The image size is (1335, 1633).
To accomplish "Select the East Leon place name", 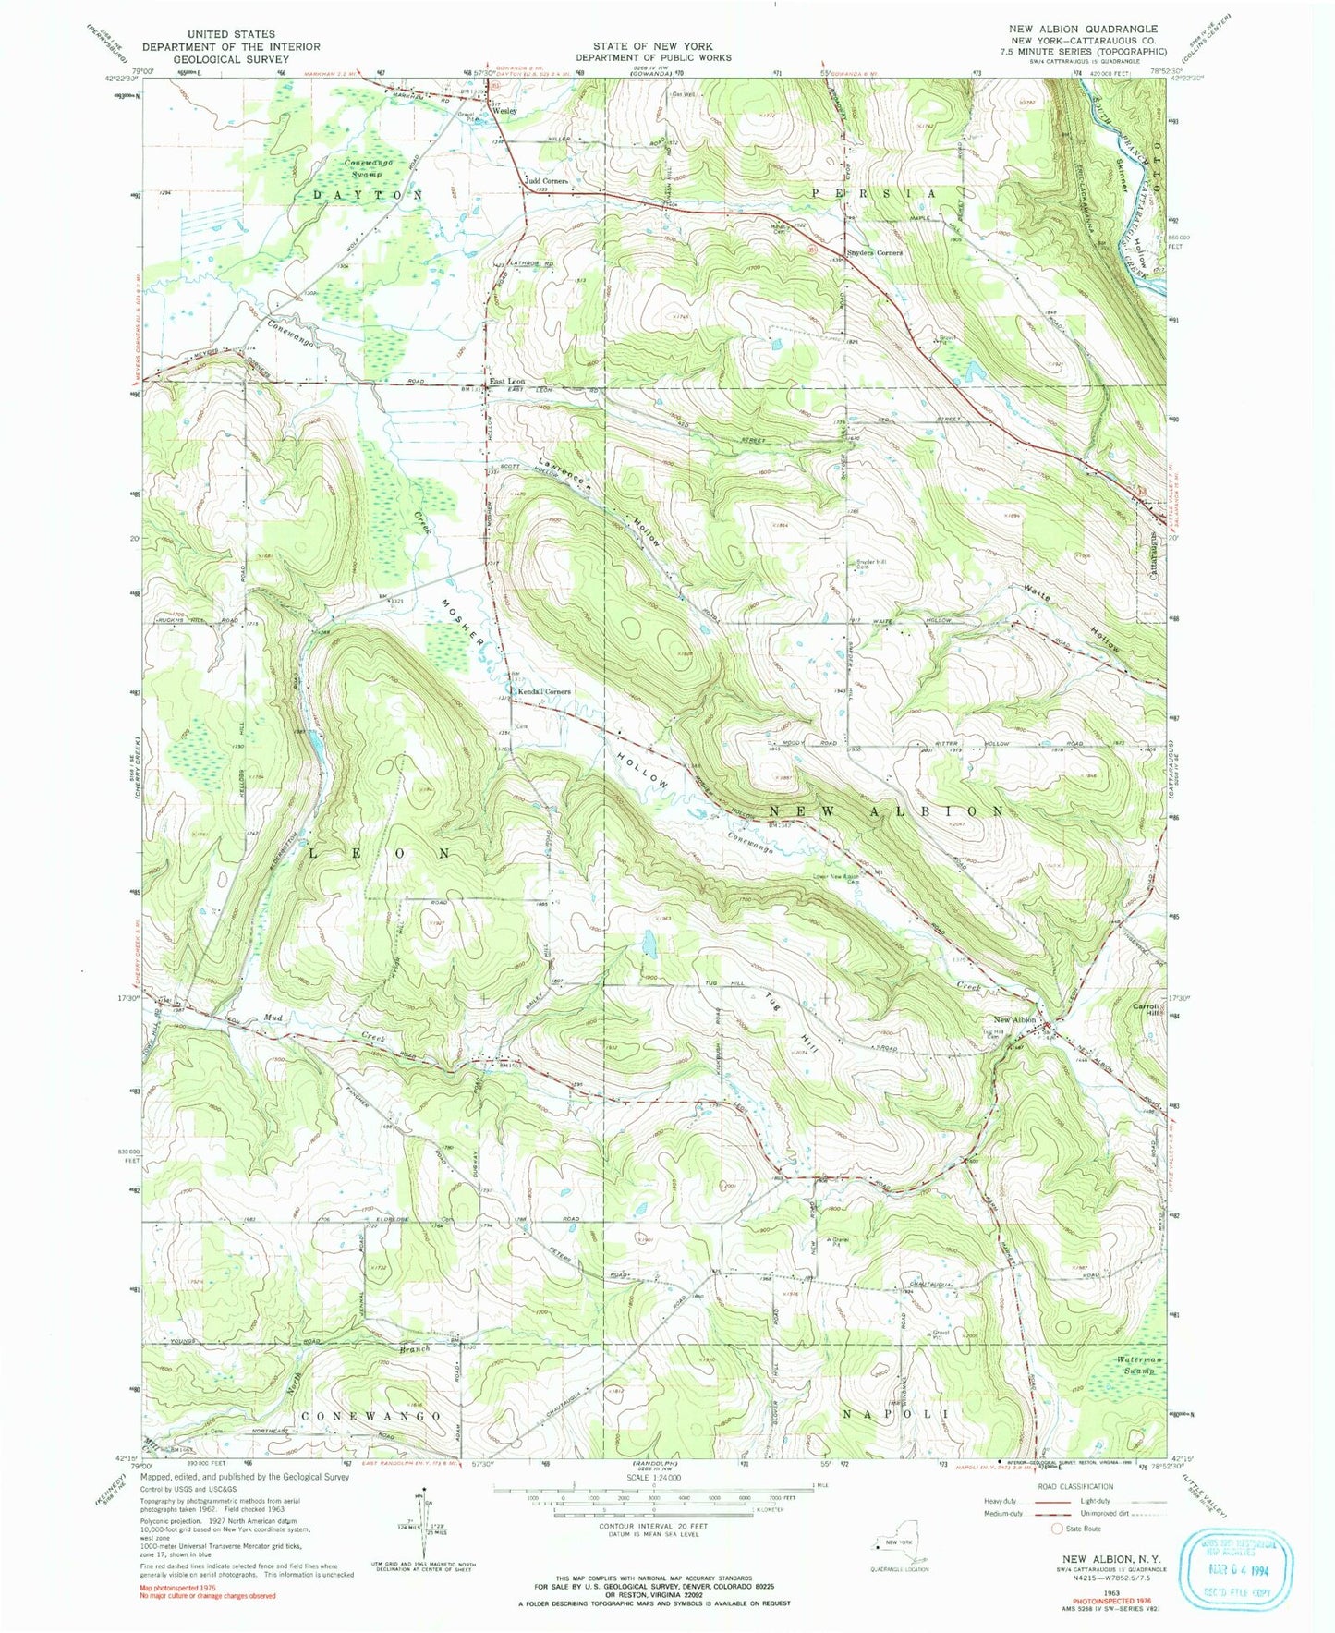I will pos(507,381).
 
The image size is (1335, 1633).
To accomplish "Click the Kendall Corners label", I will pos(543,691).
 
